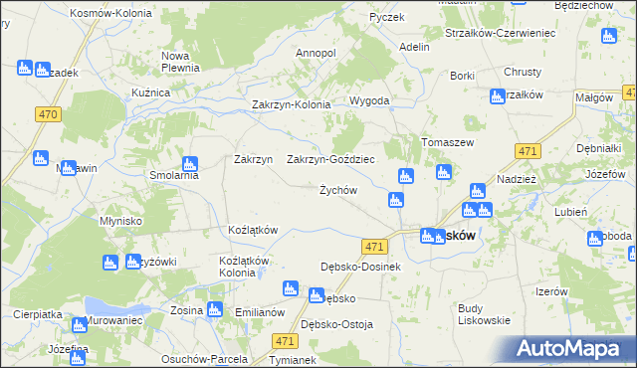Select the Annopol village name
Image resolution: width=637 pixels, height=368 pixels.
[316, 53]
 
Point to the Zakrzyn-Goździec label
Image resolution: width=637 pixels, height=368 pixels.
[330, 159]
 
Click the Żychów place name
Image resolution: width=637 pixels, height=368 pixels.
[337, 190]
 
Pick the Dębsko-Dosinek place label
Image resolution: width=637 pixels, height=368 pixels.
[360, 267]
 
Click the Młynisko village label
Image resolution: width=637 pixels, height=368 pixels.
[122, 221]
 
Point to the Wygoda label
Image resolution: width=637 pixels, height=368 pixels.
[368, 101]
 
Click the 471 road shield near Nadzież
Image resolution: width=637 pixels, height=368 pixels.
[529, 151]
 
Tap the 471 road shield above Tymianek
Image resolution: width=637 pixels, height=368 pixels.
[283, 340]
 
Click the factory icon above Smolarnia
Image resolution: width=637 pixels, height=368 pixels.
[189, 162]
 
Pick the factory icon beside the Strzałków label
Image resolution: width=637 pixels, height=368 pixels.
[497, 96]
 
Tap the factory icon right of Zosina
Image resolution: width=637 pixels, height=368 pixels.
[212, 309]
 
